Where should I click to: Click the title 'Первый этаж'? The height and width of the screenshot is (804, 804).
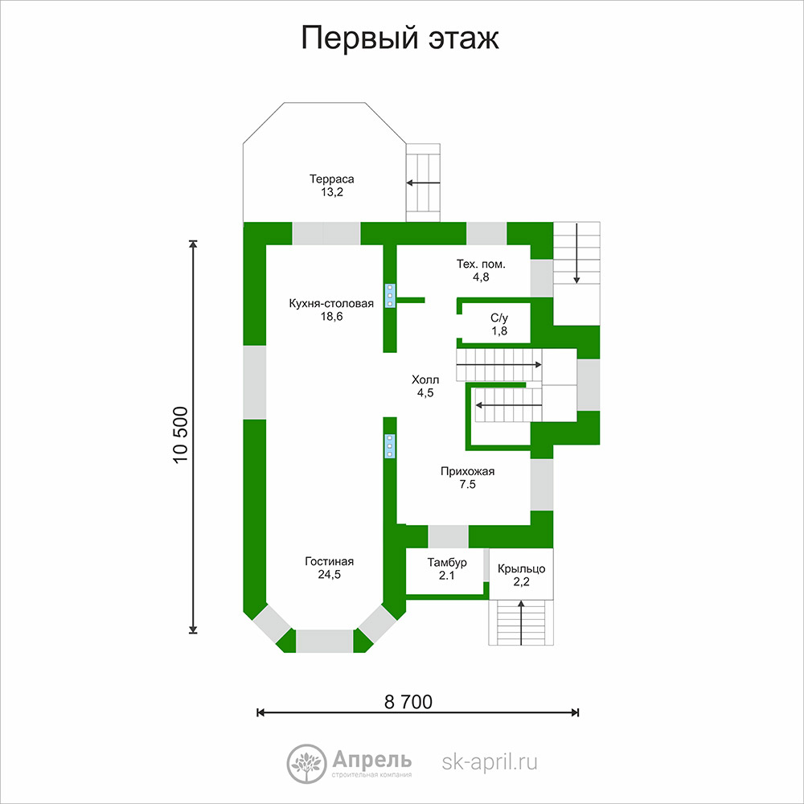400,39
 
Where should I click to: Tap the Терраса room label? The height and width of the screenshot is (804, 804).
332,179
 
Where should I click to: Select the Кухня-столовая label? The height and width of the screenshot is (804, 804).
331,303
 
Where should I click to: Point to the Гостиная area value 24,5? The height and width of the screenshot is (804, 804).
329,574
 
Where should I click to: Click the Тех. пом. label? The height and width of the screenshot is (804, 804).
481,264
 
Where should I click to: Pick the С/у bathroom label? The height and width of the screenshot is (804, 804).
499,318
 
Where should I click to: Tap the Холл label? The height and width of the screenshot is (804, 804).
425,380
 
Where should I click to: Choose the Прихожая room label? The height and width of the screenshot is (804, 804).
468,471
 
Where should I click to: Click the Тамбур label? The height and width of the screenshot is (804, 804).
447,563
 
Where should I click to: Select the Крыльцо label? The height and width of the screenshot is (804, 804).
522,568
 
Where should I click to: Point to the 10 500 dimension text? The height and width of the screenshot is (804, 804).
180,435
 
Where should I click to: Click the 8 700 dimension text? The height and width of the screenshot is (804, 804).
408,701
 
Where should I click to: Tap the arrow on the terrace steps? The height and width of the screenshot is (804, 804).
424,183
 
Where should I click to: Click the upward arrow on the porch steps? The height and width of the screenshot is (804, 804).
522,623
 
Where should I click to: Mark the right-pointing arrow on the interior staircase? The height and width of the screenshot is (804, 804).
499,364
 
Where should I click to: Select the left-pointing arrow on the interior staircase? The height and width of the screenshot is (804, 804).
509,405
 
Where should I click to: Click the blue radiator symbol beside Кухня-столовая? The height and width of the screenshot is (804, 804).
390,296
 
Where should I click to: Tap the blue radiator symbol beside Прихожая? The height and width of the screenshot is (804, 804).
390,446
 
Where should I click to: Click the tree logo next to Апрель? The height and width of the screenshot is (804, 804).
306,764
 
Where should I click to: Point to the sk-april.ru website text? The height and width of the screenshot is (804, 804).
490,762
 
